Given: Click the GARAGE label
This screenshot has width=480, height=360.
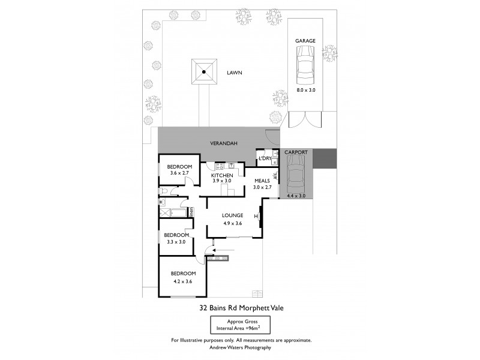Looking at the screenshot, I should pos(305,41).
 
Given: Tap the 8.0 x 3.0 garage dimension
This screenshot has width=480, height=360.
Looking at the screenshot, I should pos(305,90).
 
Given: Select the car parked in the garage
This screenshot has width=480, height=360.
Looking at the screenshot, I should pos(305,66).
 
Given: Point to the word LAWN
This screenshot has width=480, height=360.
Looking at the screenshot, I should pos(235,73).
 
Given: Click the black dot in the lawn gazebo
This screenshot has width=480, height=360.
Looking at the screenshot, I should pos(204,73).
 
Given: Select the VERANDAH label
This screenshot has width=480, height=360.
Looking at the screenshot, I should pos(221,144).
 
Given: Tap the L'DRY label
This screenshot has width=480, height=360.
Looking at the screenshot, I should pos(265,158).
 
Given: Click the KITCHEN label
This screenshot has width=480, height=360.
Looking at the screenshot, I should pos(221,175).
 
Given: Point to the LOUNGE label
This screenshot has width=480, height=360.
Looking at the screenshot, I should pos(232,215).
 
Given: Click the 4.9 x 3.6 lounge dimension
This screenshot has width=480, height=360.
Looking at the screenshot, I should pos(232,223).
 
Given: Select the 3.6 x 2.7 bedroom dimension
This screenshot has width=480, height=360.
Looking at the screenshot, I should pos(179,173).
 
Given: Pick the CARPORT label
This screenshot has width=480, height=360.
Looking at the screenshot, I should pos(296,152).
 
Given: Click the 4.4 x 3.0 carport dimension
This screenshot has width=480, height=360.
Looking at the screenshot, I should pos(296,196).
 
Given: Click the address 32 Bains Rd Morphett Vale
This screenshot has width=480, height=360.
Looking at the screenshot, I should pos(241,308).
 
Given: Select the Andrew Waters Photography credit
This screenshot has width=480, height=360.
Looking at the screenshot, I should pos(241,347).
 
